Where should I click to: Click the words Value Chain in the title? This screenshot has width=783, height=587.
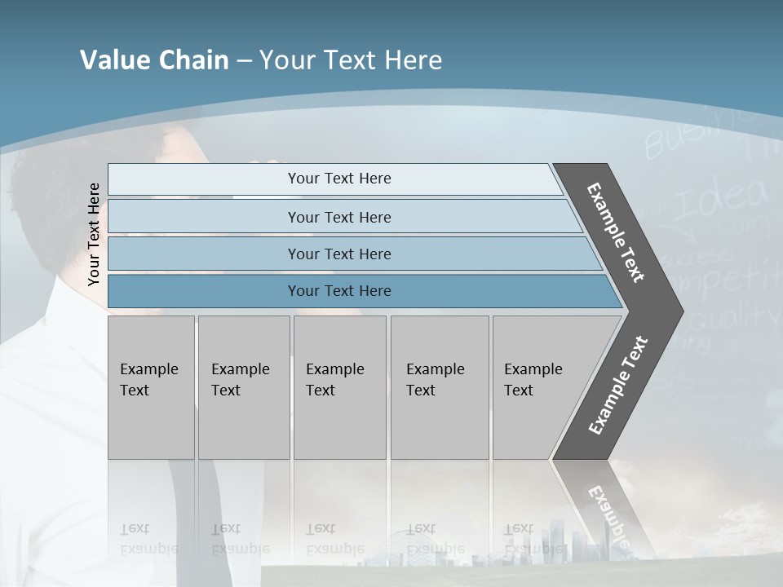point(154,60)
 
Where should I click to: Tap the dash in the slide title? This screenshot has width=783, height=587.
point(244,60)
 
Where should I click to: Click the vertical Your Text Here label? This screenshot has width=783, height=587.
point(94,234)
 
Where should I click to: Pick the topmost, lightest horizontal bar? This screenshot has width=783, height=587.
point(334,179)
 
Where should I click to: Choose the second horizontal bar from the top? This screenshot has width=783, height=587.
point(343,217)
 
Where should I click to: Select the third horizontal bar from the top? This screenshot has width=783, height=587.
point(351,254)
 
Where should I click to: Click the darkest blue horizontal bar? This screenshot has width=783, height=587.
point(359,291)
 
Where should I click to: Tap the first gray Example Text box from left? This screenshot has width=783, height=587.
point(151,387)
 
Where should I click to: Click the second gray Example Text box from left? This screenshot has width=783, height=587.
point(244,387)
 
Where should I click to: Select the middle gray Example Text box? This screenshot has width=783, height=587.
point(339,387)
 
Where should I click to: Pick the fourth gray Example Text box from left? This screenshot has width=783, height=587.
point(440,387)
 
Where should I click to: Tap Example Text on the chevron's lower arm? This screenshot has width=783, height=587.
point(618,385)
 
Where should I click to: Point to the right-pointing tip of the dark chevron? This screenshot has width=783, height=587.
point(679,311)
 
